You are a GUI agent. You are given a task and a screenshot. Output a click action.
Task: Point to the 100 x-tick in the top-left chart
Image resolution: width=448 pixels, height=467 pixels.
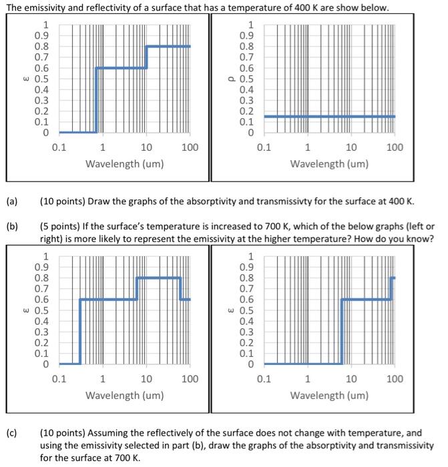pos(190,147)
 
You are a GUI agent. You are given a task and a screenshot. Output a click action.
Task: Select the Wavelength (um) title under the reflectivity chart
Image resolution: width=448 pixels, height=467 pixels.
pos(329,163)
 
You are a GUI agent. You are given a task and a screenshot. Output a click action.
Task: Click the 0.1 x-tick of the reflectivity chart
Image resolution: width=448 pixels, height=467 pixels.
pos(264,147)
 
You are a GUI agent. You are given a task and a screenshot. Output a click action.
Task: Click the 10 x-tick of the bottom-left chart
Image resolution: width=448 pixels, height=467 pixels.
pos(146,379)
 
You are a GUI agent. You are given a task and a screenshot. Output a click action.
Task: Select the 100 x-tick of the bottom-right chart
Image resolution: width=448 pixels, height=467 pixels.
pos(395,379)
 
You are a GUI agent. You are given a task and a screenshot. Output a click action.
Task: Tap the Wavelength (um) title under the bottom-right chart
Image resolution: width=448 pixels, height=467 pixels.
pos(329,395)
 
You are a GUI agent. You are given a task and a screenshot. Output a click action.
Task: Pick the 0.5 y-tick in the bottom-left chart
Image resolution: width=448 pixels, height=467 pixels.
pos(42,311)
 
